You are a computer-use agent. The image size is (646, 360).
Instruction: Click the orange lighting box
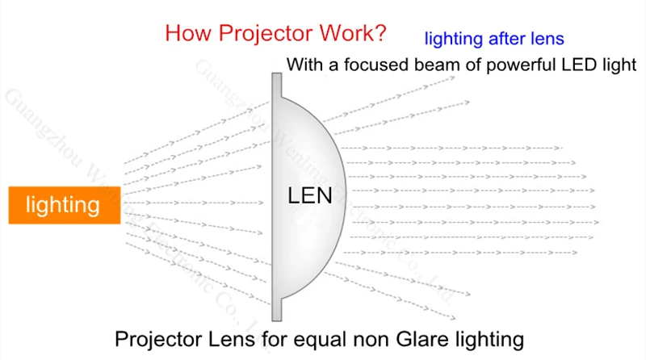(x=63, y=205)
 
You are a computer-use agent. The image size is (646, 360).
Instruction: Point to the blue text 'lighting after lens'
(x=493, y=38)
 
